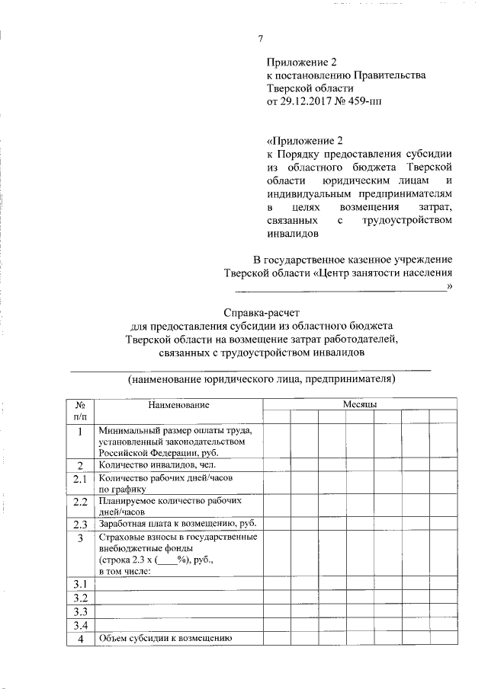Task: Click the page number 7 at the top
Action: (261, 40)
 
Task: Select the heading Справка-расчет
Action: (262, 312)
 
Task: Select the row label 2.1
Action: (81, 481)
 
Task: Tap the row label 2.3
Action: (81, 525)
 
